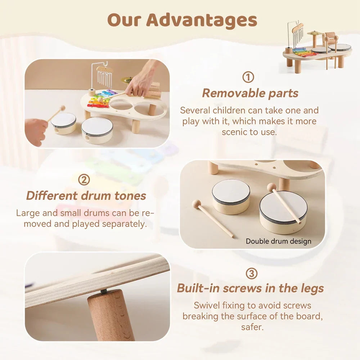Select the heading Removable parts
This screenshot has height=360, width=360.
[250, 93]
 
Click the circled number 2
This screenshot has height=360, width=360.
[84, 179]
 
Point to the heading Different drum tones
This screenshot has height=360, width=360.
[86, 196]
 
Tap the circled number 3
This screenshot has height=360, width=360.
[252, 274]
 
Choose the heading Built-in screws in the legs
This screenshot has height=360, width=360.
[250, 288]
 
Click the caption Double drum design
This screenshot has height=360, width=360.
[278, 241]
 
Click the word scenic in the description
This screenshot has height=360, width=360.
[235, 132]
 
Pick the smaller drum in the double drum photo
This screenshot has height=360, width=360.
[231, 196]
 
